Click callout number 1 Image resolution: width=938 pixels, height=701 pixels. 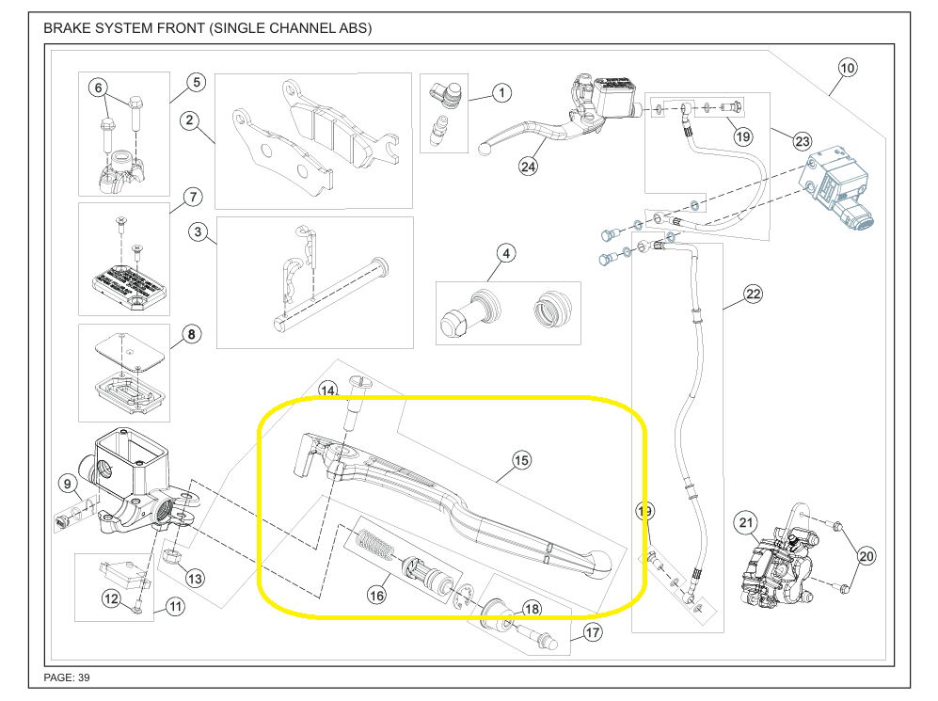(x=501, y=93)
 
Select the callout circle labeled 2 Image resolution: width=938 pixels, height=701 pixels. (x=190, y=120)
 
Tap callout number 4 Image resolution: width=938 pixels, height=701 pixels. (x=505, y=253)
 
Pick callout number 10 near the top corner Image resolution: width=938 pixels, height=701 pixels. (x=847, y=68)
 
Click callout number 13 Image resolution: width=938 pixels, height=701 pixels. (x=194, y=578)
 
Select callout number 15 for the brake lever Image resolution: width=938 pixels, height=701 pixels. (x=521, y=460)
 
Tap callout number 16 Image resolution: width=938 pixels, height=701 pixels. (x=376, y=595)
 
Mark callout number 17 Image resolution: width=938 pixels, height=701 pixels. (x=592, y=632)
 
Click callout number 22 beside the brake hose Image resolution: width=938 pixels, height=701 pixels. (x=753, y=295)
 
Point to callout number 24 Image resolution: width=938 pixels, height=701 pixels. (x=527, y=167)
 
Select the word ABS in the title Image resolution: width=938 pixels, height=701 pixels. (x=349, y=28)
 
